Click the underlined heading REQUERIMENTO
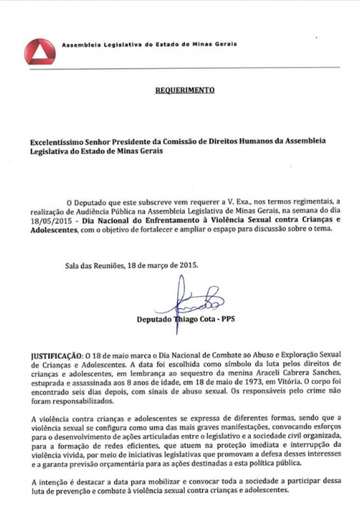pos(184,90)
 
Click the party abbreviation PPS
pos(228,319)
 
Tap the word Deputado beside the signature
pos(153,319)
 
